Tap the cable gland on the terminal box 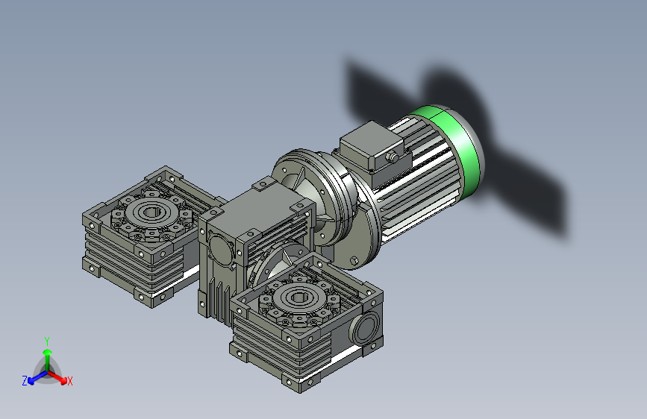point(391,157)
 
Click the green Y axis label point(46,340)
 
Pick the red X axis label point(70,381)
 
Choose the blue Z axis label point(25,380)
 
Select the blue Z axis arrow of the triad point(34,377)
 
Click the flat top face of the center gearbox point(254,209)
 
